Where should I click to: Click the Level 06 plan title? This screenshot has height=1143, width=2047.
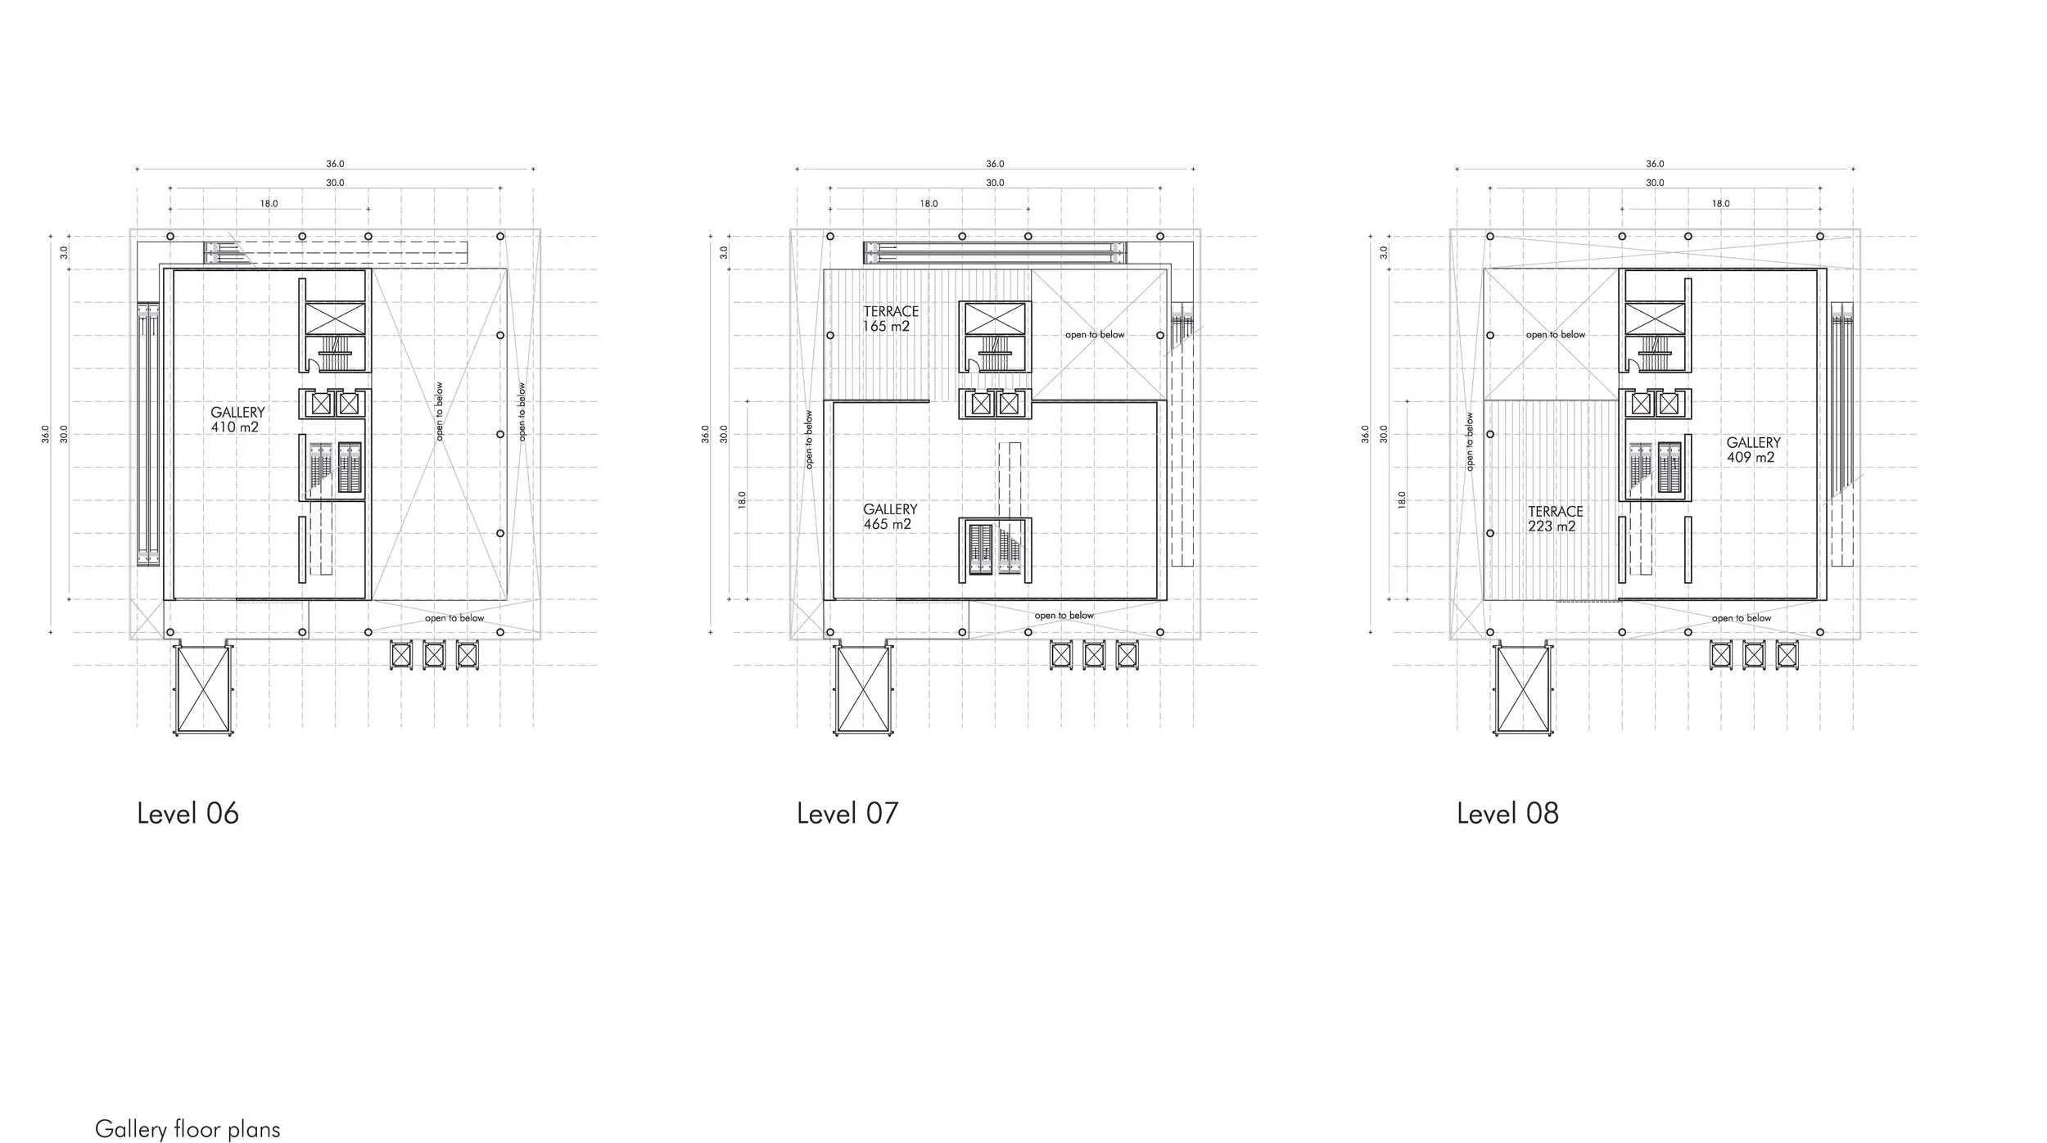[188, 814]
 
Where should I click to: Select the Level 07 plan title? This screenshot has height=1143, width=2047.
[847, 814]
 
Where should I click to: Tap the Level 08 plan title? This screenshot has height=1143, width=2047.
[1507, 814]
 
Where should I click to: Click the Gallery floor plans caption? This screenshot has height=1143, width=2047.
[188, 1130]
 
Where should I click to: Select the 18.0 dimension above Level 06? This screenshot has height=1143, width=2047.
[269, 204]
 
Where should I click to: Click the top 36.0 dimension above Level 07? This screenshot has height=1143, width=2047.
[995, 165]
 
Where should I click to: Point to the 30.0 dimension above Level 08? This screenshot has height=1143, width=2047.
[1655, 183]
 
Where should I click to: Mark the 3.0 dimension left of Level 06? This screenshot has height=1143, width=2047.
[64, 253]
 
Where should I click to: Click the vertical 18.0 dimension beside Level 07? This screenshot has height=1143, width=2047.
[742, 499]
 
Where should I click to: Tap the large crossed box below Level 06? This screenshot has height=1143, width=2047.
[203, 689]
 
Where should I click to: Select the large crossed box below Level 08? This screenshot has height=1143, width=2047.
[1523, 689]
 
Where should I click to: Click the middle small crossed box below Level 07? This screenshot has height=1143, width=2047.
[1094, 655]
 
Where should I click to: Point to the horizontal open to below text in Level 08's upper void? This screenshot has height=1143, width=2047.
[1555, 335]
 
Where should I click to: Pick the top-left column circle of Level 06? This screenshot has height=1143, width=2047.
[170, 237]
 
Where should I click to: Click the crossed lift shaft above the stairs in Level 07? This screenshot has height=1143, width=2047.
[995, 319]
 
